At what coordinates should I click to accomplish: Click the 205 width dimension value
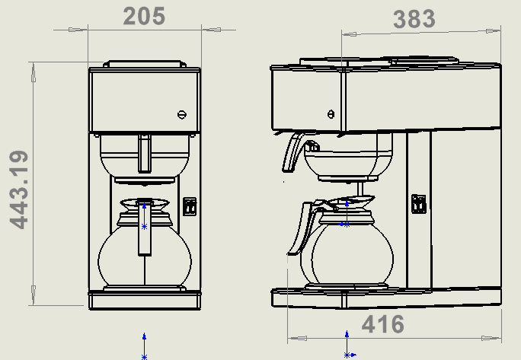pos(144,16)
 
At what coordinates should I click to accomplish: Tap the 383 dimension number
pos(414,19)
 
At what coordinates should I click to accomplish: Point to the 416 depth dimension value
pos(382,324)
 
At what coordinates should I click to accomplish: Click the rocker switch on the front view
pos(190,205)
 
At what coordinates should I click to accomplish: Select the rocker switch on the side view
pos(417,203)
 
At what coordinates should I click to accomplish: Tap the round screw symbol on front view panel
pos(181,114)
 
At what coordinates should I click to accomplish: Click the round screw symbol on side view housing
pos(330,114)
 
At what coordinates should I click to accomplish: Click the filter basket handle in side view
pos(292,153)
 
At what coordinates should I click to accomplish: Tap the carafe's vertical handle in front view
pos(144,228)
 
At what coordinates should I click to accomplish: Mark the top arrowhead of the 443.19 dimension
pos(33,73)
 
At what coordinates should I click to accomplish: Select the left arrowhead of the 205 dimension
pos(78,30)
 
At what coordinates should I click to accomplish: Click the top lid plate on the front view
pos(144,64)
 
